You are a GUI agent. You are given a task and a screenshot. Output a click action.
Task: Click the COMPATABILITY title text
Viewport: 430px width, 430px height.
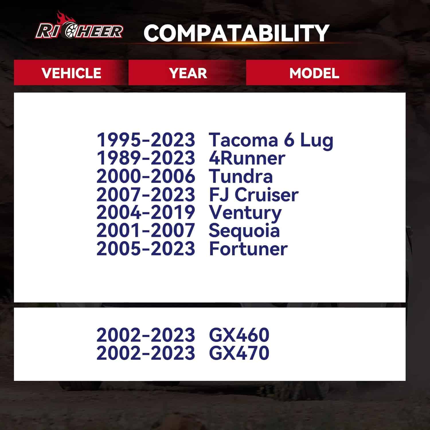[x=236, y=33]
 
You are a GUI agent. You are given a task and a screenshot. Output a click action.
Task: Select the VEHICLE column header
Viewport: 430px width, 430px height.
[x=71, y=73]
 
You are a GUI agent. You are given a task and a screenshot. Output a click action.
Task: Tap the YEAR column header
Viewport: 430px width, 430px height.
[x=188, y=73]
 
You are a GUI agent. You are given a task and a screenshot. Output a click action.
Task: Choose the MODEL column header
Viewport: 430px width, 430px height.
[x=314, y=73]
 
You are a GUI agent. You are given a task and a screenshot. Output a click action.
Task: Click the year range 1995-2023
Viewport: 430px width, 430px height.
[x=146, y=140]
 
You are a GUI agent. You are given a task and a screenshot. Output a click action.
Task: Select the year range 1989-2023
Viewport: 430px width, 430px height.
[x=146, y=158]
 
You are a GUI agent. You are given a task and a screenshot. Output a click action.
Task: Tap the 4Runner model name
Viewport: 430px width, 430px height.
[x=247, y=158]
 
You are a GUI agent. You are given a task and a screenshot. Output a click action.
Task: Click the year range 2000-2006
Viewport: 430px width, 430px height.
[x=146, y=176]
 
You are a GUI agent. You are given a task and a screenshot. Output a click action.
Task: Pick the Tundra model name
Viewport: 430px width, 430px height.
[x=241, y=176]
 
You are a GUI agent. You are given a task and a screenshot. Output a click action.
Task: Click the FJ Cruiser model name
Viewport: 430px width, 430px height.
[x=254, y=195]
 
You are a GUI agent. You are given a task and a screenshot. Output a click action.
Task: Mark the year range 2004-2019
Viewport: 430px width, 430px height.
[x=146, y=212]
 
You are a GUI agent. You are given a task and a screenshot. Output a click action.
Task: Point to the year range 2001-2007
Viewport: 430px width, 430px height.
[x=146, y=230]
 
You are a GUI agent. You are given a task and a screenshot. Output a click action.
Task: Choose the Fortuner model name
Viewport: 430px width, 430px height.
[x=248, y=249]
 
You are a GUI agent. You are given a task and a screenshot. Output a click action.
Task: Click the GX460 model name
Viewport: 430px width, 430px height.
[x=239, y=335]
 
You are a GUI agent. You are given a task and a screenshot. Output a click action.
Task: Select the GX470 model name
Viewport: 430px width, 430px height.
[x=239, y=353]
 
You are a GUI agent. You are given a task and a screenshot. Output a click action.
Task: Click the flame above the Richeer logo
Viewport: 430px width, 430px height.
[x=63, y=17]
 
